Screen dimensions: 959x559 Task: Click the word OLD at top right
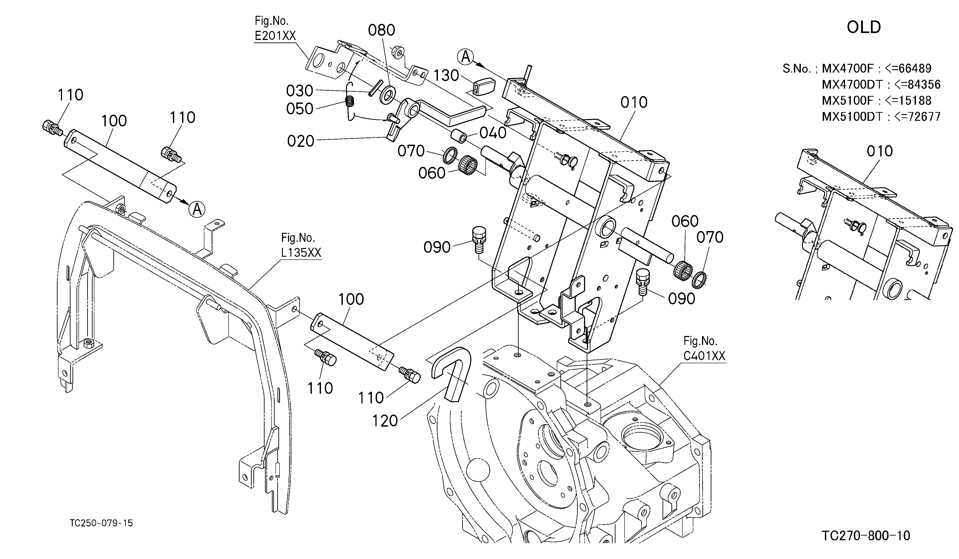coord(864,27)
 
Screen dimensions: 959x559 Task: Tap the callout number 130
coord(446,76)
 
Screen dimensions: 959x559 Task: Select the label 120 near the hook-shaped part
coord(385,421)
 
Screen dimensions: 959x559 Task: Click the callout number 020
coord(301,141)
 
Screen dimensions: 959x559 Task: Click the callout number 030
coord(300,91)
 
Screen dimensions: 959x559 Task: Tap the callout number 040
coord(493,133)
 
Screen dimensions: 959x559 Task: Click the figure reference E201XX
coord(275,36)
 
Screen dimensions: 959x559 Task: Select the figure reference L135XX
coord(301,252)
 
